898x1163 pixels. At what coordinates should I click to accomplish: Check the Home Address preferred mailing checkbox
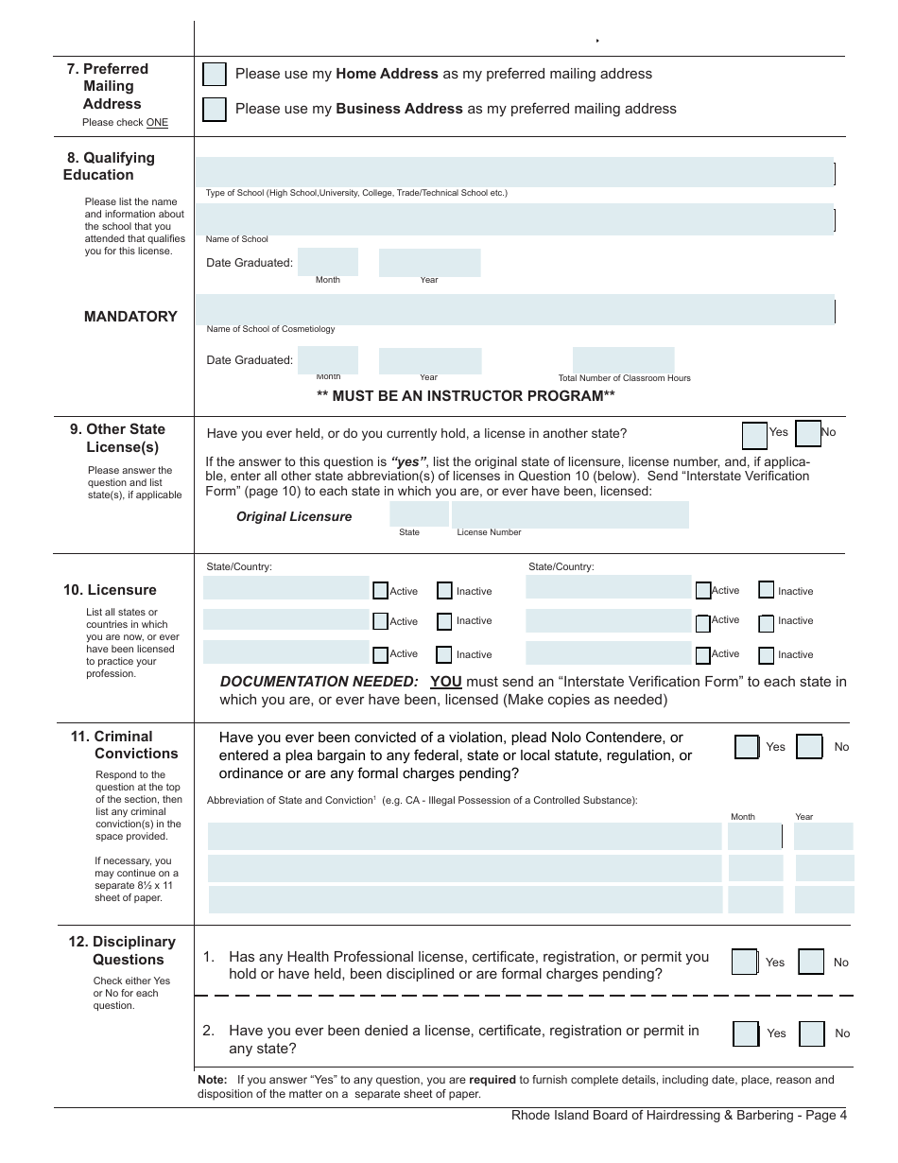(215, 75)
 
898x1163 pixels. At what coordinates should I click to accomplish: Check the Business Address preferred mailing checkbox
(215, 110)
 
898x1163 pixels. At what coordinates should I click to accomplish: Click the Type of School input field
(515, 172)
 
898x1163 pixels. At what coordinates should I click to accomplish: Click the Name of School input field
(515, 218)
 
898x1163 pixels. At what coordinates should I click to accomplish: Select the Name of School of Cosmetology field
(515, 309)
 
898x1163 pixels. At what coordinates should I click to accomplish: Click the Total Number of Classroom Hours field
(624, 360)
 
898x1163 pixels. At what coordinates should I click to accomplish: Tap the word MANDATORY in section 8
(130, 317)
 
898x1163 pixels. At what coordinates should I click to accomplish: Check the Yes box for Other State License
(754, 434)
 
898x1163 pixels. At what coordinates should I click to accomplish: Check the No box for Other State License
(808, 433)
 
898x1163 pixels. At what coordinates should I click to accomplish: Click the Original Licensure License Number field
(570, 514)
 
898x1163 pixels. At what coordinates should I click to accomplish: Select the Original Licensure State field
(419, 514)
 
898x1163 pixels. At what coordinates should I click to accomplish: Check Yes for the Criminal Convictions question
(747, 747)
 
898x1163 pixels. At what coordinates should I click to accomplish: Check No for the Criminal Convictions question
(809, 747)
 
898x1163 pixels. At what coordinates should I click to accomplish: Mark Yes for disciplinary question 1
(745, 963)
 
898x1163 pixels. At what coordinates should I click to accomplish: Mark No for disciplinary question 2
(812, 1033)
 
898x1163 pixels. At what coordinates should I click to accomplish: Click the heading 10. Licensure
(110, 590)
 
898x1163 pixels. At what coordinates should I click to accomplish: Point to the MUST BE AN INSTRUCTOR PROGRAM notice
(465, 396)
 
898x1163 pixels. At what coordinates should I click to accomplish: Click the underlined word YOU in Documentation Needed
(446, 682)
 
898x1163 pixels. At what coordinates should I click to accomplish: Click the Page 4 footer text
(679, 1116)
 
